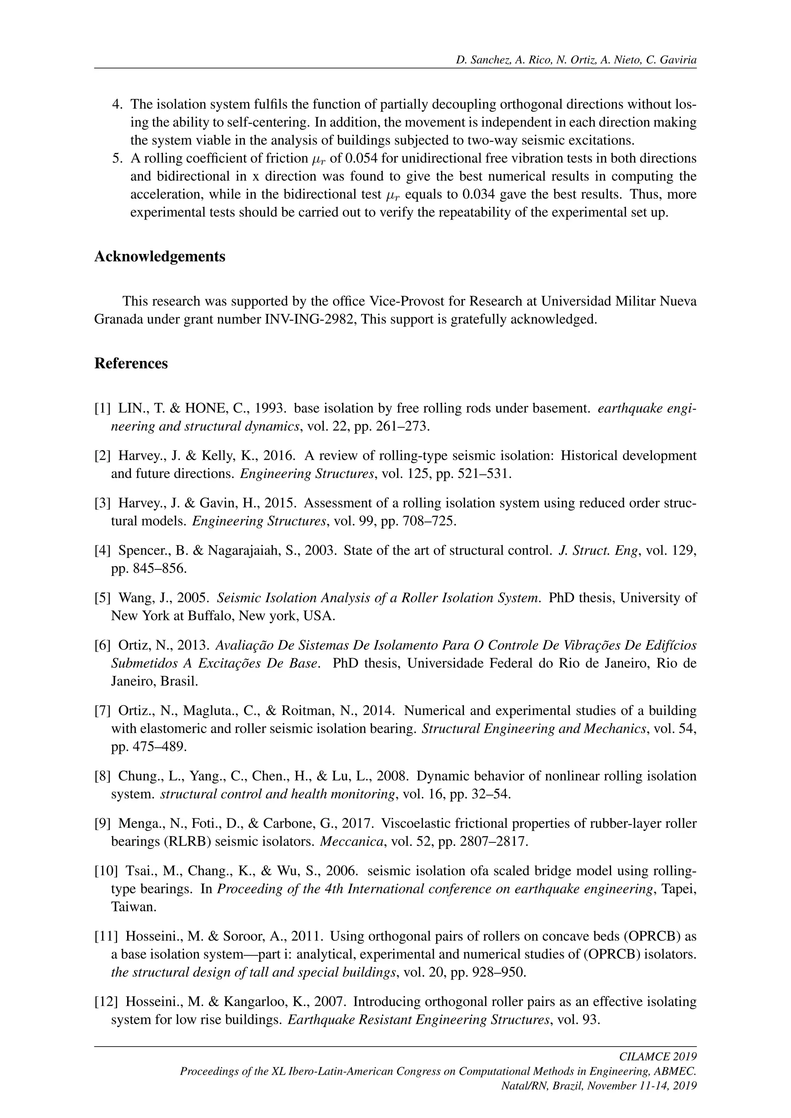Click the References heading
click(131, 363)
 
